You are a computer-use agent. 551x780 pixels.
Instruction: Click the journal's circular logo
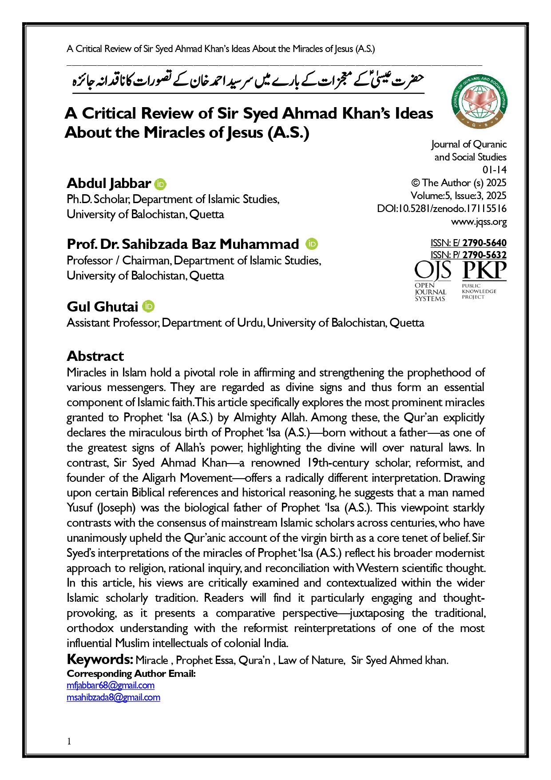click(x=479, y=101)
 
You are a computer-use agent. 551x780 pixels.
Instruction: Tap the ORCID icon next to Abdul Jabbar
click(x=160, y=184)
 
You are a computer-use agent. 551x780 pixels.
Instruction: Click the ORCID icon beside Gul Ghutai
click(x=148, y=307)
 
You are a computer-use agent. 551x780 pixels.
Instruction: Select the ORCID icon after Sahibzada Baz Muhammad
click(x=312, y=244)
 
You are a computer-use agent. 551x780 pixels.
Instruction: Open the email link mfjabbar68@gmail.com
click(x=111, y=685)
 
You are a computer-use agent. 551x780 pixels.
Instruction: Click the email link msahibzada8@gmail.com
click(x=113, y=697)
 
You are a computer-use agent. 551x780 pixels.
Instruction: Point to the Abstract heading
click(x=95, y=356)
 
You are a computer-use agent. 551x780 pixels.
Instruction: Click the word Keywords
click(x=100, y=659)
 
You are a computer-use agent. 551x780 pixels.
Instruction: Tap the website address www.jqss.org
click(x=479, y=221)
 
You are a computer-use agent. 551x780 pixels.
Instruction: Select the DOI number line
click(x=442, y=208)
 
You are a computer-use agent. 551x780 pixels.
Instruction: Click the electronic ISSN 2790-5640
click(x=484, y=243)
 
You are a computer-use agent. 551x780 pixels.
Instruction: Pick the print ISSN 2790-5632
click(x=484, y=255)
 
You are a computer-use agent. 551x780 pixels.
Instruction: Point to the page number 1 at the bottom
click(x=69, y=741)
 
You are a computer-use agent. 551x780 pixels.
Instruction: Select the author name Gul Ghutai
click(x=103, y=307)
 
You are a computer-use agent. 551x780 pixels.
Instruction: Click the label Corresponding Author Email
click(x=131, y=673)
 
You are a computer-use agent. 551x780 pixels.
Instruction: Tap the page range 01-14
click(x=494, y=170)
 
